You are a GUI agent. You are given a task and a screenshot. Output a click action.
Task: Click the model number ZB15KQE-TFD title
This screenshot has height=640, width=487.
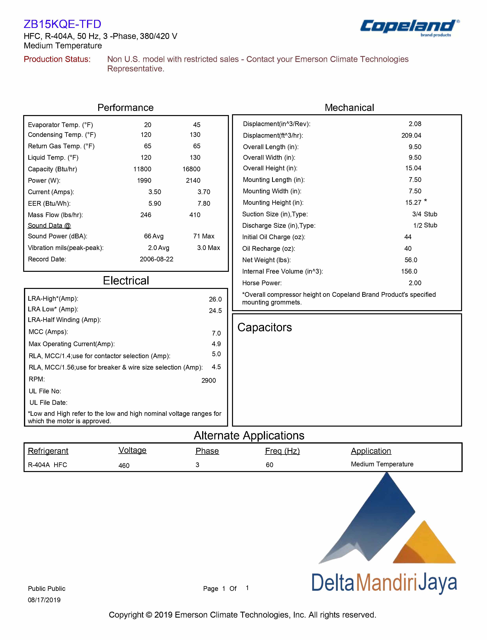62,24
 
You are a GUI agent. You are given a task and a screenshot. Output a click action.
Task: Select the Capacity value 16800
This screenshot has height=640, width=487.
191,169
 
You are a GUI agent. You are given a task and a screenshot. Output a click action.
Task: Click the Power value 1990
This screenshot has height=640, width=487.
144,181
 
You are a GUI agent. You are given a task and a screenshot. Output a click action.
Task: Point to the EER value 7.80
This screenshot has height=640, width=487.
204,203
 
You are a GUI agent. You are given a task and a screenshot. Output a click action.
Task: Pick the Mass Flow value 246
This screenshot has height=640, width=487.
146,215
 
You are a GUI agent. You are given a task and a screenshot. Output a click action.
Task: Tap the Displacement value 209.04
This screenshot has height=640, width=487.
411,136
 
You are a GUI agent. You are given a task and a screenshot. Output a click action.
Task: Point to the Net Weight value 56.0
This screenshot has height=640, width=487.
411,260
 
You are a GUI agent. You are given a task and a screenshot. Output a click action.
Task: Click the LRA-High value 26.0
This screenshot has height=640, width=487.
215,299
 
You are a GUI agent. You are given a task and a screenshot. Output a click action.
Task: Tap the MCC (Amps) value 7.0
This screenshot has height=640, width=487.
216,333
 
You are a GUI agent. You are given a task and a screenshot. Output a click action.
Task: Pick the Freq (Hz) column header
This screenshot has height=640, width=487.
282,451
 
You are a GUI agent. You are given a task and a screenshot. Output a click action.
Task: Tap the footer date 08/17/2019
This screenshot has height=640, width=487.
44,600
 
